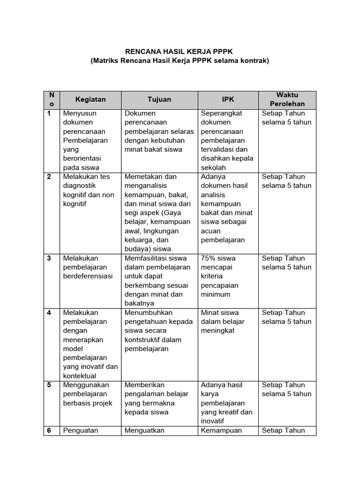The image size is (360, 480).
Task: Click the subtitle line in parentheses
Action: pos(180,61)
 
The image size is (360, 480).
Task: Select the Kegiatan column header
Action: pos(90,99)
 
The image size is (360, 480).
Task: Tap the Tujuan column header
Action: pos(159,99)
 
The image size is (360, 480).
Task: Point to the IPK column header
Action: pos(228,99)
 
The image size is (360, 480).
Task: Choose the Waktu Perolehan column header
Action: pos(287,99)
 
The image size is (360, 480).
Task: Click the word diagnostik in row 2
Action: pos(79,186)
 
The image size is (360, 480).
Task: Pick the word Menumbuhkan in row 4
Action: pos(149,312)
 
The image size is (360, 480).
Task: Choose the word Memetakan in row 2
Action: pos(144,176)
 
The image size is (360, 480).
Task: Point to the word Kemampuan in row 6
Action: pos(221,430)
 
